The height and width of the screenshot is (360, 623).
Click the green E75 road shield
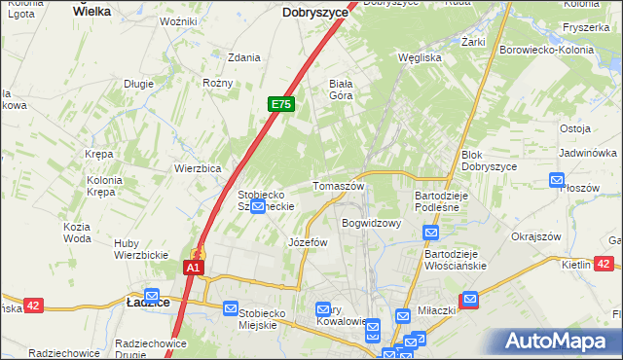(x=280, y=104)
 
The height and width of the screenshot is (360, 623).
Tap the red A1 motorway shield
(x=194, y=267)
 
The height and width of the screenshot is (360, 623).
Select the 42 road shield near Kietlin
(x=604, y=264)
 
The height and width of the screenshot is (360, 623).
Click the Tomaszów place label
(x=338, y=186)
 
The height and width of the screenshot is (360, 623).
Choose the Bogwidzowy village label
(x=371, y=223)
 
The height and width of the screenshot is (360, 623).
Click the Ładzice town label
(x=148, y=303)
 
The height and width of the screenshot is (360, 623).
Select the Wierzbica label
(x=200, y=167)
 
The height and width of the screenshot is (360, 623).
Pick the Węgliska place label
(x=421, y=57)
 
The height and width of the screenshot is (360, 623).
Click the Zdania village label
(x=243, y=57)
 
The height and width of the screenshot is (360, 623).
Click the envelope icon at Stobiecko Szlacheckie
(x=257, y=207)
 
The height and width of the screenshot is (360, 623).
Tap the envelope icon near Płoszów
(x=557, y=180)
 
